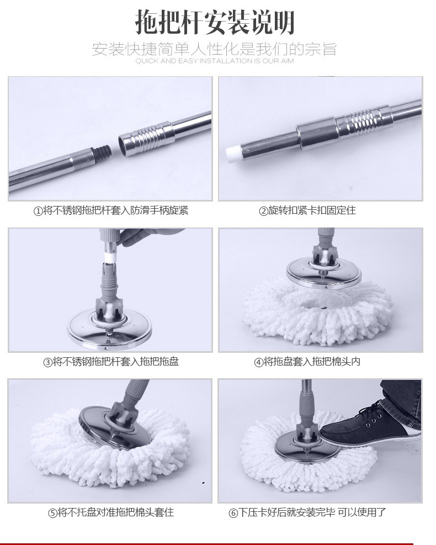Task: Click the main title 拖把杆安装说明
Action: click(x=215, y=23)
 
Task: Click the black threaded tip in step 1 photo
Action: click(x=102, y=153)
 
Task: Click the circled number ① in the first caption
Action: click(x=38, y=211)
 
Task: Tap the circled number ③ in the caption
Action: click(x=47, y=362)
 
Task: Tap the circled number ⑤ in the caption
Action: click(x=52, y=513)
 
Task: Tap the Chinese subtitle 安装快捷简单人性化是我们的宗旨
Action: click(x=214, y=49)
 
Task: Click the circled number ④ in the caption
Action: click(x=258, y=363)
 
